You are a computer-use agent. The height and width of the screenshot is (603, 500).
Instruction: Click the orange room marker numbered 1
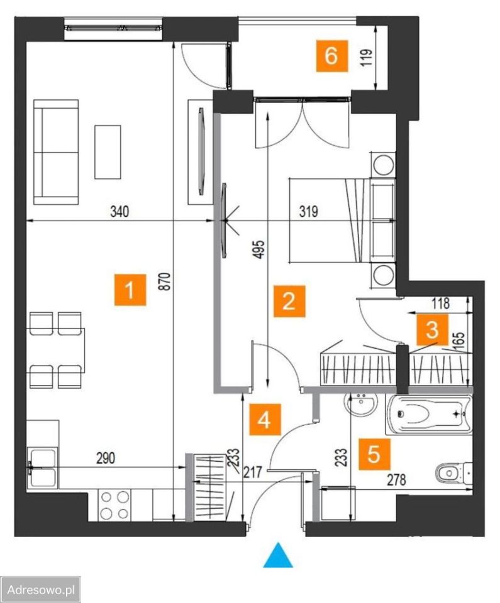130,290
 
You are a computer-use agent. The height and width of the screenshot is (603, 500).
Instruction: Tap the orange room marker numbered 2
289,301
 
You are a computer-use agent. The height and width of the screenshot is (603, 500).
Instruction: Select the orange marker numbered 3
432,330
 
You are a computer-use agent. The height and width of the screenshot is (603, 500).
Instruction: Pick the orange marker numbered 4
265,419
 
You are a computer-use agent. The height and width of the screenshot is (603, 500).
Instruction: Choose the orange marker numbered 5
374,455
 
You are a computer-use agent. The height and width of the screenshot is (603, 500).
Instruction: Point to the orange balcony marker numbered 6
331,56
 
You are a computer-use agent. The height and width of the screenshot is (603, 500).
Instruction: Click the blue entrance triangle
278,555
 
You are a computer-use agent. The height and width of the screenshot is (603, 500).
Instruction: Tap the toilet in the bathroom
453,473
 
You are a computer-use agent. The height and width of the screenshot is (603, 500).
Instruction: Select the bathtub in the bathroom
428,415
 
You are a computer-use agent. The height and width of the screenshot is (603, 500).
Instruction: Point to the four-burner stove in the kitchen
115,505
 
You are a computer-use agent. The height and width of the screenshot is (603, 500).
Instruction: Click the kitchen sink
42,468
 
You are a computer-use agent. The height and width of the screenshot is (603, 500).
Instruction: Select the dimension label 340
119,212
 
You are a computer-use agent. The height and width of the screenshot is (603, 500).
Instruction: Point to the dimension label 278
397,479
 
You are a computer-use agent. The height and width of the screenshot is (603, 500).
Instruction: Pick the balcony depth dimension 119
367,57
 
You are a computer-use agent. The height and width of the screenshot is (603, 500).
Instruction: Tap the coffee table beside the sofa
108,152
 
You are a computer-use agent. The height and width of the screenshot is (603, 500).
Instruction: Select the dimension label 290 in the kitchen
106,458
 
